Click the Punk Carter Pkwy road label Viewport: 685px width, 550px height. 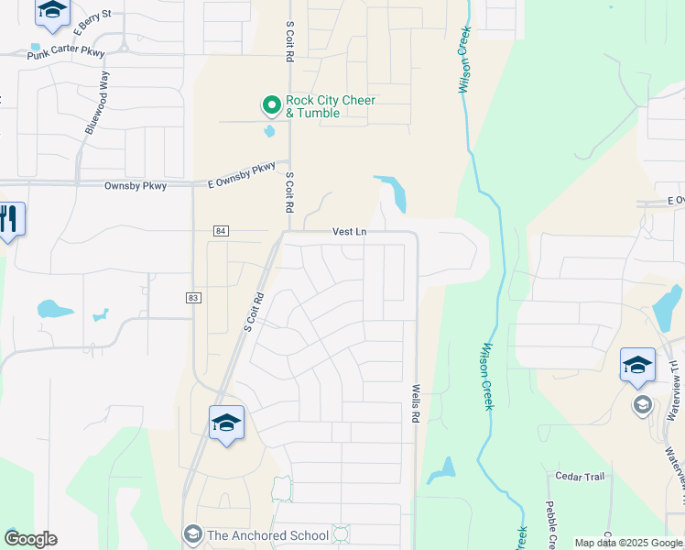[66, 55]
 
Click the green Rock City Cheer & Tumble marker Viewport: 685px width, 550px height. [271, 106]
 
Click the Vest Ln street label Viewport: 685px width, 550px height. [349, 233]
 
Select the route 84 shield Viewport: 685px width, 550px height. [221, 231]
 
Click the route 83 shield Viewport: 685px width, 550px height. [192, 298]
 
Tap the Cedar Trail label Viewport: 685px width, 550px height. [581, 476]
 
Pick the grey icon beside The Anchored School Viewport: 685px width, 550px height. [192, 533]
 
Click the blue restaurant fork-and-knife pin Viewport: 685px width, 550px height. [10, 220]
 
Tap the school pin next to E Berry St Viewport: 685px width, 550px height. [52, 11]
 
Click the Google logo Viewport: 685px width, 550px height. [30, 539]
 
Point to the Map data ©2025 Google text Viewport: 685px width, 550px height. [627, 543]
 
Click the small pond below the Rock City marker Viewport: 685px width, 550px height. [269, 131]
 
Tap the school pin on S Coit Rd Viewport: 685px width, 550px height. [226, 423]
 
